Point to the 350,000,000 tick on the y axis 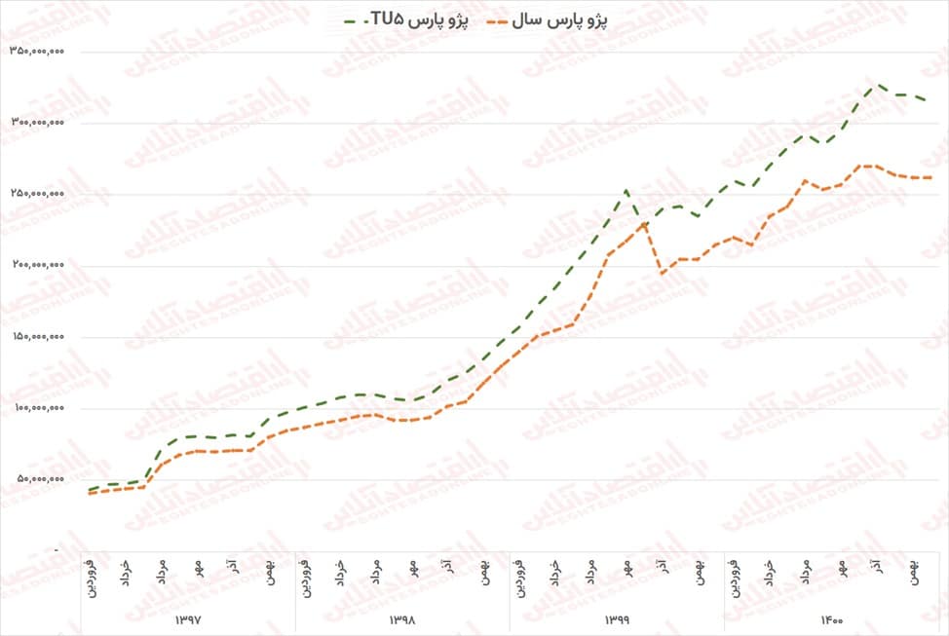coord(37,52)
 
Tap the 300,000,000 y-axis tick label coord(37,123)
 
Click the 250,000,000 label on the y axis coord(37,194)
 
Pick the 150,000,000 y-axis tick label coord(37,337)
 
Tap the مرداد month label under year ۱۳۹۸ coord(375,571)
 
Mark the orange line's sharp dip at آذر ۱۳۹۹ coord(663,274)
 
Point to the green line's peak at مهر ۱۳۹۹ coord(626,190)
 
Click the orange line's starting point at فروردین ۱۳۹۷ coord(90,493)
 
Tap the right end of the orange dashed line coord(930,177)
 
